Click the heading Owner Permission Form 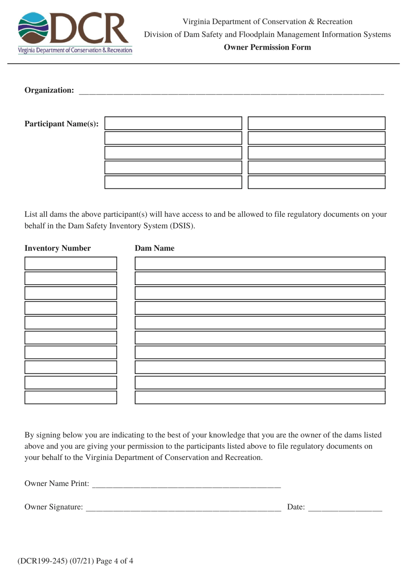tap(267, 47)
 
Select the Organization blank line tap(231, 91)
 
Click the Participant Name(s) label tap(61, 124)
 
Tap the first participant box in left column tap(173, 123)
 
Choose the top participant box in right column tap(316, 123)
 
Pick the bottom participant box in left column tap(173, 182)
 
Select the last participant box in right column tap(316, 182)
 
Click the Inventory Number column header tap(57, 248)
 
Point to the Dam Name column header tap(155, 248)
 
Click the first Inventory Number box tap(71, 263)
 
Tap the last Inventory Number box tap(71, 397)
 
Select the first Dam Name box tap(260, 263)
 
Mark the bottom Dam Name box tap(260, 397)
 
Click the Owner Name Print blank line tap(186, 485)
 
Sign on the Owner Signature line tap(183, 508)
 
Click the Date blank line tap(345, 508)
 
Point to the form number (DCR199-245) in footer tap(43, 561)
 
